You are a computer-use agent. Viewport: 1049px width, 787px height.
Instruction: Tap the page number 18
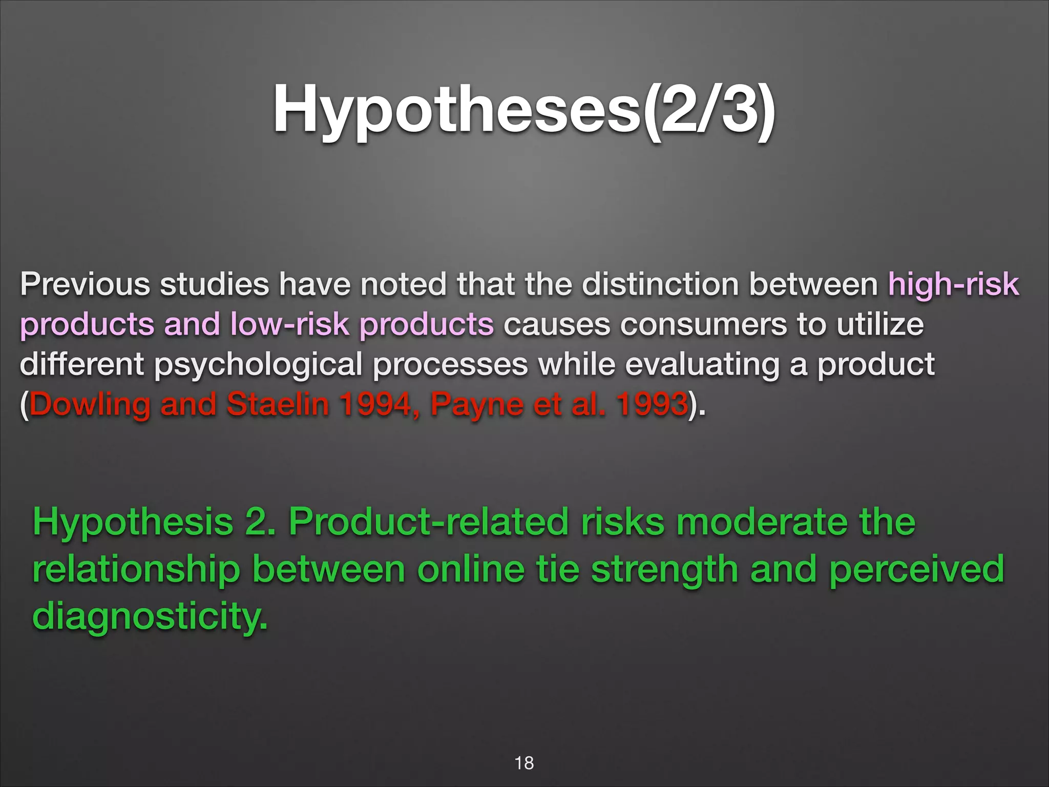524,763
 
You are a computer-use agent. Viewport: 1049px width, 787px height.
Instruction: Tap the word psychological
258,365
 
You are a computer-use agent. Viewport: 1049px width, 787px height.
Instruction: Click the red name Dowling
90,405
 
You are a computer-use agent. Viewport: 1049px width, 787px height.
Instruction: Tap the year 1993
652,404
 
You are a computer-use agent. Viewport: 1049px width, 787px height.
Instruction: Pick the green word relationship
136,570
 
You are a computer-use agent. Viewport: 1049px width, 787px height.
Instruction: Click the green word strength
665,570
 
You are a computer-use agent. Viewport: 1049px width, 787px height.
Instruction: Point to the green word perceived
916,570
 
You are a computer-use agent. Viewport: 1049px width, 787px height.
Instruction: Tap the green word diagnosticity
150,616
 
